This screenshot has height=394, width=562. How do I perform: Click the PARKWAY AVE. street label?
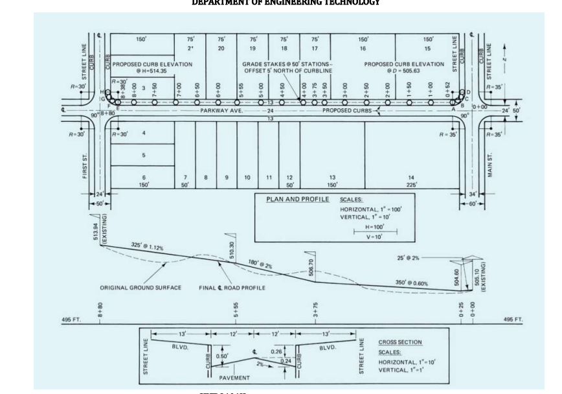coord(225,111)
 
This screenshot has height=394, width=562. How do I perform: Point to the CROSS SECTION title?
coord(399,342)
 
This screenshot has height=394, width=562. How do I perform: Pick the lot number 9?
coord(227,177)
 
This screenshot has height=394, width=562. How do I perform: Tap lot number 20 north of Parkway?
coord(221,48)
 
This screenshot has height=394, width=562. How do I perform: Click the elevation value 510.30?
coord(231,248)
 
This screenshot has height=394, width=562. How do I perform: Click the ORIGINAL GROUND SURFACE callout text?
coord(140,287)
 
